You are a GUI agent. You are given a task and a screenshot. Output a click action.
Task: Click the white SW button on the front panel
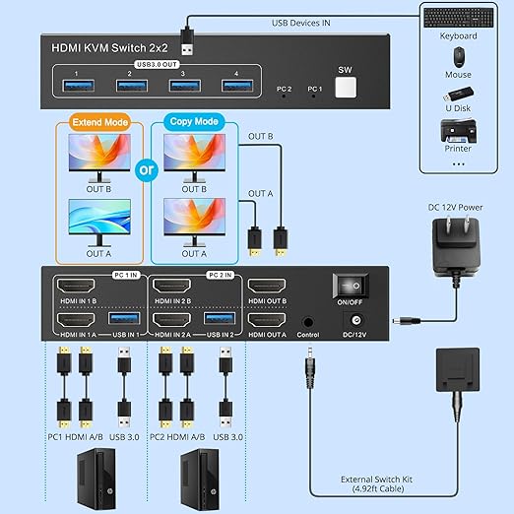(x=344, y=88)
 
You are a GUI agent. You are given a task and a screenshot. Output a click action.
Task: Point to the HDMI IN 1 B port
(x=76, y=287)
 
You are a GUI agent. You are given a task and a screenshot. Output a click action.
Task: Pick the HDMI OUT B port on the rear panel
(x=266, y=287)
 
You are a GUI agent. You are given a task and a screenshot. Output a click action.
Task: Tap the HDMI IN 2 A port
(x=170, y=320)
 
